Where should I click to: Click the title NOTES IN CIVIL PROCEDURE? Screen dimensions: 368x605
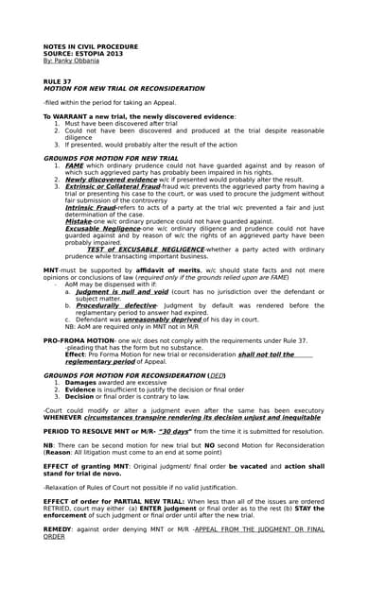click(x=89, y=46)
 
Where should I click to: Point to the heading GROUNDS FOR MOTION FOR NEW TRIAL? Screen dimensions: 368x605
click(x=111, y=158)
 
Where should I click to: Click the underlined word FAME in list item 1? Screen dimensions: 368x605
click(x=74, y=165)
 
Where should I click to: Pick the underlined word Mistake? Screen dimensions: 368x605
click(x=79, y=221)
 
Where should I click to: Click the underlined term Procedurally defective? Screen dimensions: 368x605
click(x=116, y=305)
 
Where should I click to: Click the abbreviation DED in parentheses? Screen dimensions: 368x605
click(x=217, y=375)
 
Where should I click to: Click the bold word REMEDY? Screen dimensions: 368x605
click(x=60, y=529)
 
